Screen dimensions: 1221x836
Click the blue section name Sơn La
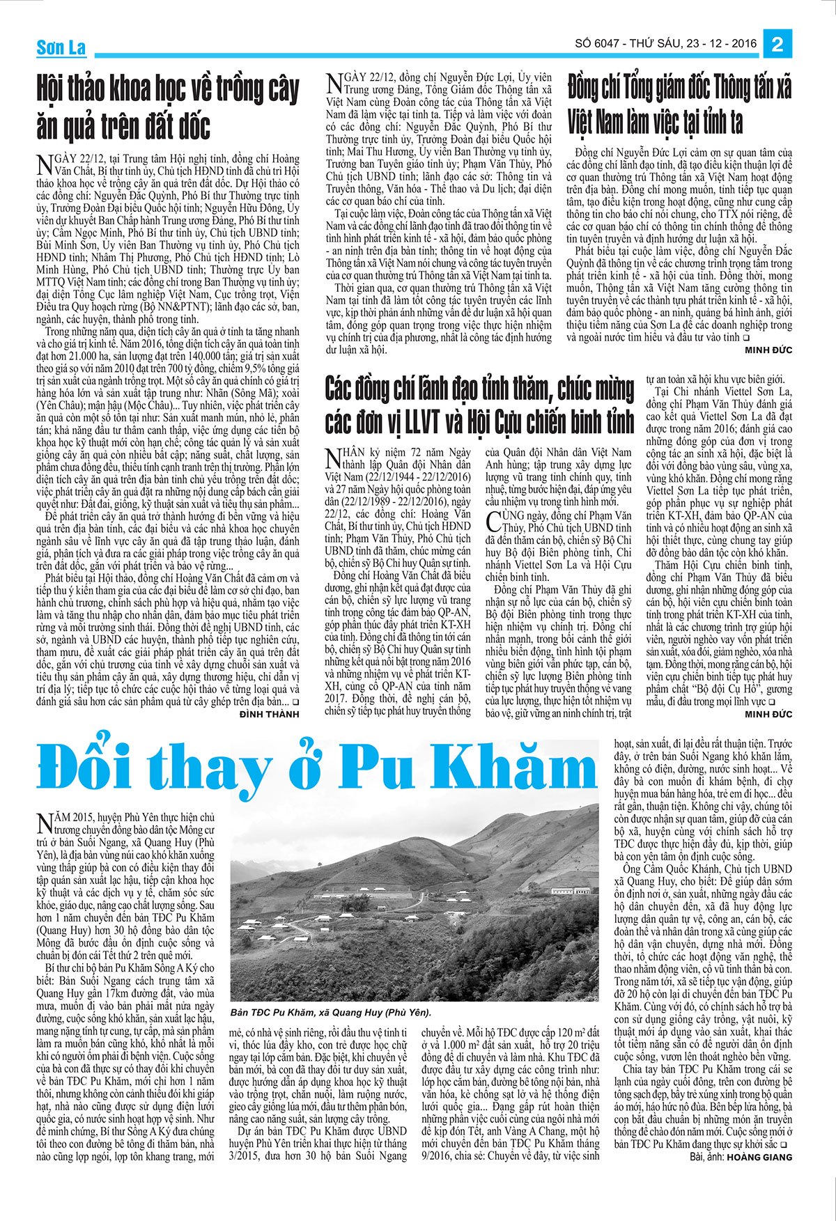tap(61, 47)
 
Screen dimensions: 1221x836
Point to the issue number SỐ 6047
tap(599, 44)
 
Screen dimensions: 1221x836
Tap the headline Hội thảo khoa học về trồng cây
tap(168, 88)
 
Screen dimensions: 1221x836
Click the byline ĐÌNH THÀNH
tap(269, 714)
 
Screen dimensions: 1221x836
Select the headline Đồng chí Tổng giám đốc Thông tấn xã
tap(679, 87)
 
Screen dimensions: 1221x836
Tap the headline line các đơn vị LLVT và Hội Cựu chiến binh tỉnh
tap(479, 422)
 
